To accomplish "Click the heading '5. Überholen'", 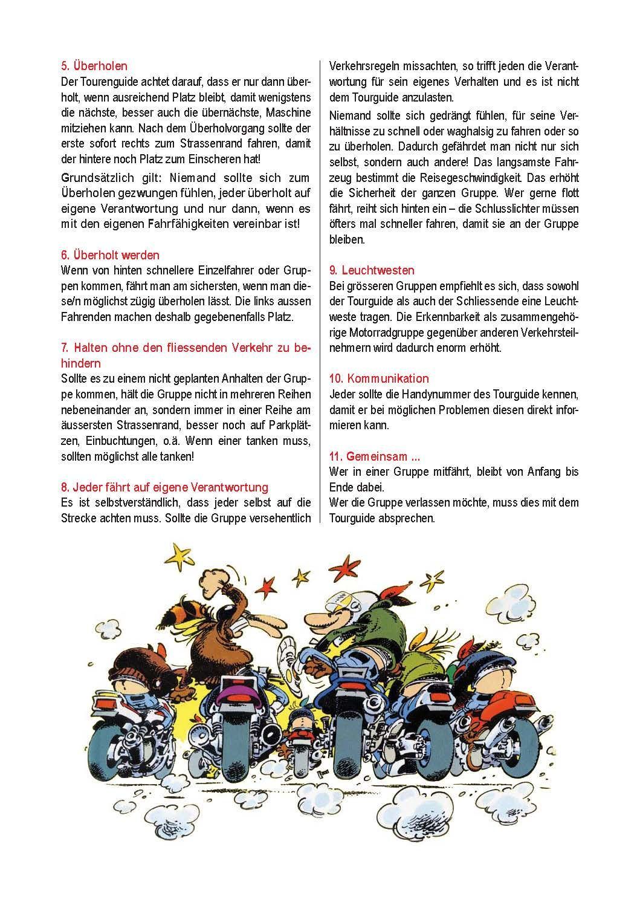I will click(x=94, y=66).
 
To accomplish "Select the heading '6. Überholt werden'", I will click(x=111, y=255).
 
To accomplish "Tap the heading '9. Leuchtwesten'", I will click(x=372, y=270).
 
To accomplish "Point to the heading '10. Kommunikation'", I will click(x=379, y=378).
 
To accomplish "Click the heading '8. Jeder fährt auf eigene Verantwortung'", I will click(x=165, y=487).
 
